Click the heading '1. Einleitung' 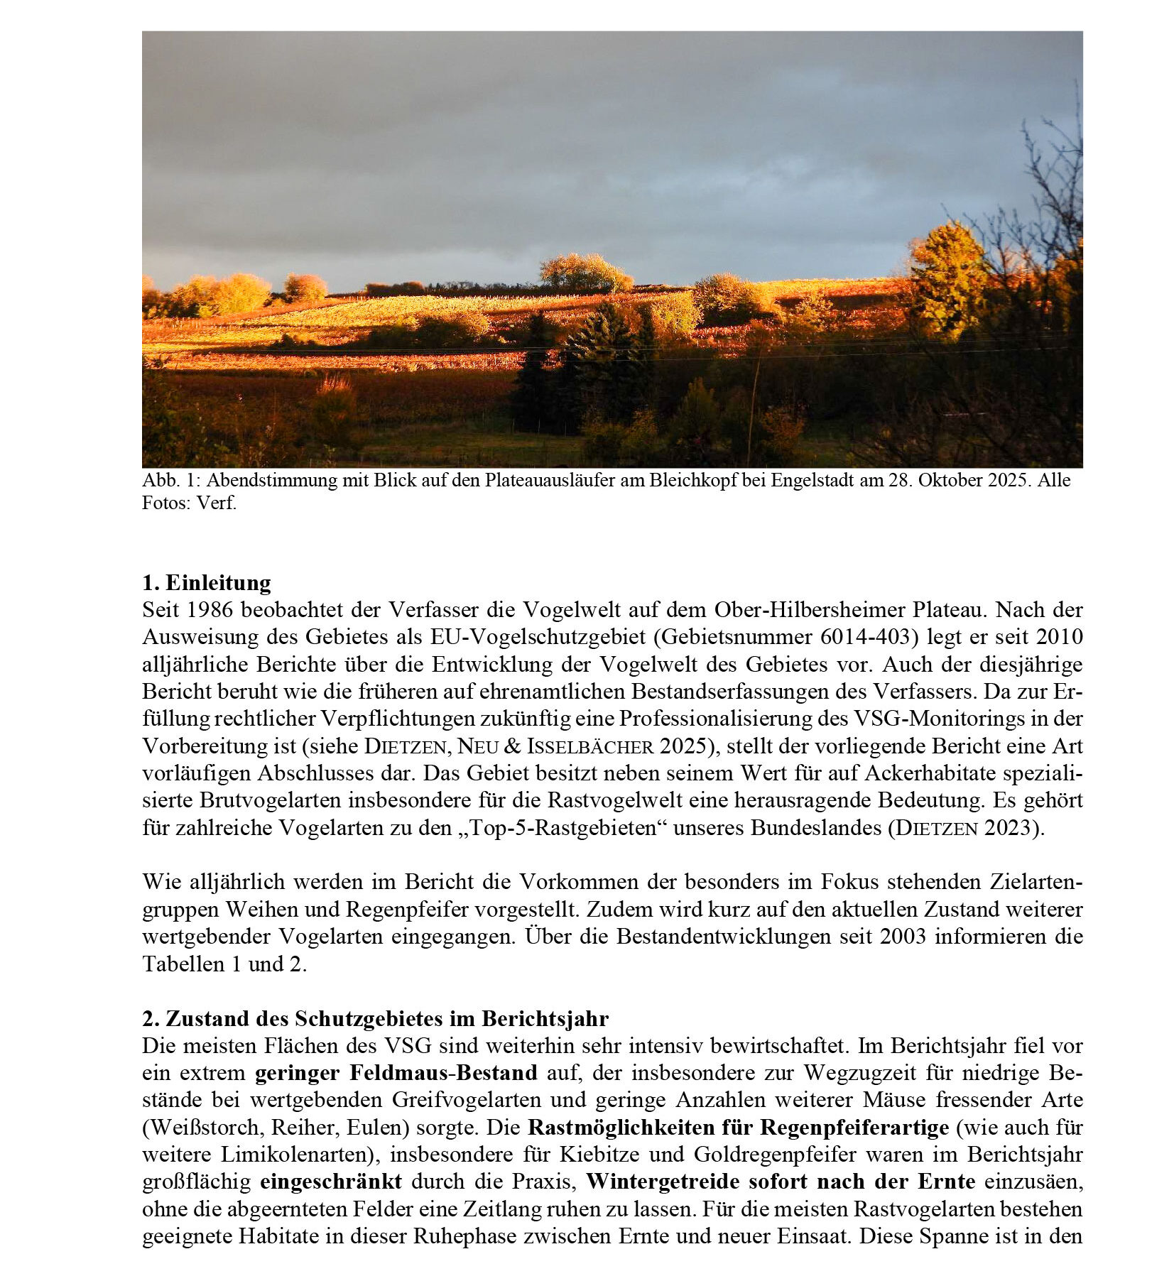pyautogui.click(x=206, y=583)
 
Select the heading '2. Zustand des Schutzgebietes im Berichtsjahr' pyautogui.click(x=375, y=1018)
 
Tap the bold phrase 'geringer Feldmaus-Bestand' pyautogui.click(x=396, y=1072)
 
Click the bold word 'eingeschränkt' pyautogui.click(x=330, y=1182)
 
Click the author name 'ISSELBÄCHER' pyautogui.click(x=589, y=746)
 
